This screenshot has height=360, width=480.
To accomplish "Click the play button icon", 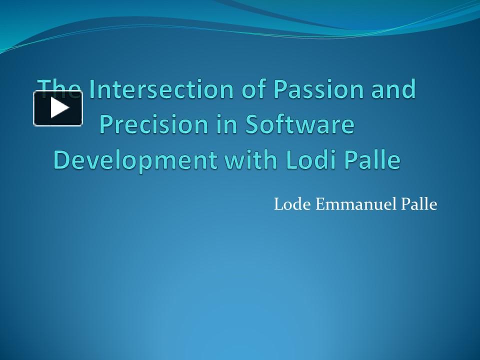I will [58, 108].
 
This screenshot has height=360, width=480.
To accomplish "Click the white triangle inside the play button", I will [59, 108].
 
